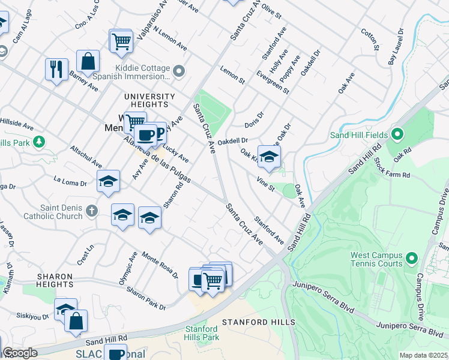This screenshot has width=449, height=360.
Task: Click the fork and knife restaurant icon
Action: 56,69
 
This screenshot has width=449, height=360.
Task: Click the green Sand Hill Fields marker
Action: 397,135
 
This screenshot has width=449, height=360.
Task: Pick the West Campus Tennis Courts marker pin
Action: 411,259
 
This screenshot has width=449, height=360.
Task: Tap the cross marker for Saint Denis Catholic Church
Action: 91,211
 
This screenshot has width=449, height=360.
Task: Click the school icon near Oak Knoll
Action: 270,157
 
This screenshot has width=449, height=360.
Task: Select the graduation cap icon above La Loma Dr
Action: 107,181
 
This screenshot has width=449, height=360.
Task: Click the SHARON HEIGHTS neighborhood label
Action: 55,280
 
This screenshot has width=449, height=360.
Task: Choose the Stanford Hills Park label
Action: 202,334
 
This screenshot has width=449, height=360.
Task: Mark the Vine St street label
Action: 265,184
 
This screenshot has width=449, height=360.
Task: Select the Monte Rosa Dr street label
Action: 160,265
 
